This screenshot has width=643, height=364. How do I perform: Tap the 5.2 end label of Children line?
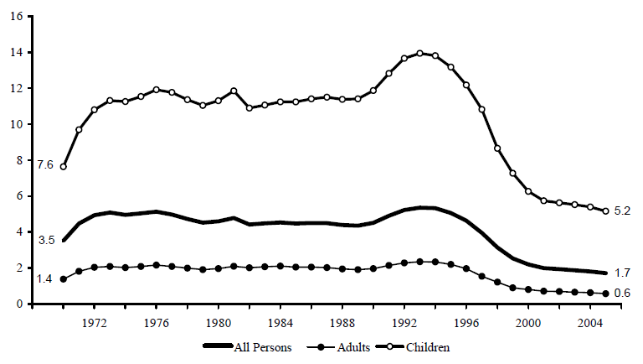coord(621,211)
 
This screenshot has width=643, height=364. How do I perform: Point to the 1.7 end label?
coord(621,273)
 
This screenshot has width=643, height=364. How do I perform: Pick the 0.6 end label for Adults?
coord(621,293)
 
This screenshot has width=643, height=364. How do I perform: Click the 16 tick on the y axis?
coord(18,15)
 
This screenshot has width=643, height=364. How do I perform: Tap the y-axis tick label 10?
coord(18,124)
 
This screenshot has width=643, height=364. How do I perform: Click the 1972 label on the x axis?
coord(95,321)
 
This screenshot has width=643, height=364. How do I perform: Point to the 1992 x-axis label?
coord(404,321)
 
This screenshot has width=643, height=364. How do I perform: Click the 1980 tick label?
coord(219,321)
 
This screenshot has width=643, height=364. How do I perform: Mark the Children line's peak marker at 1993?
coord(420,53)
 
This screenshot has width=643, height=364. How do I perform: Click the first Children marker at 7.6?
coord(63,166)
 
